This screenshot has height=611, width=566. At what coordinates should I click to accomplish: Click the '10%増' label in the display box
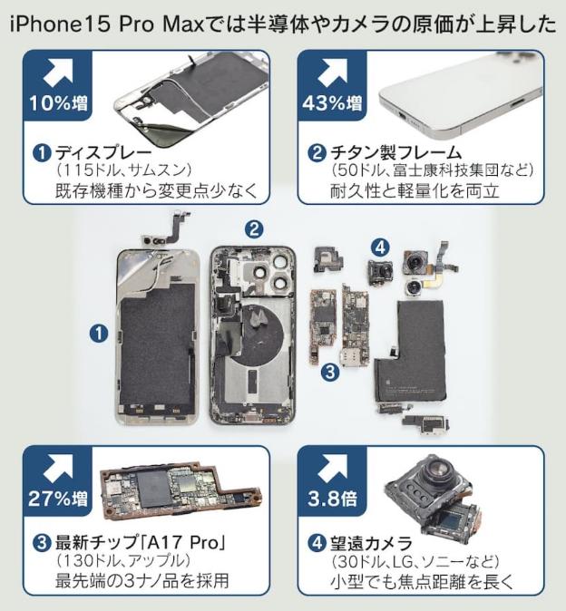pos(58,103)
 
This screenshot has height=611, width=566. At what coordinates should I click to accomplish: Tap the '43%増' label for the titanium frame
pos(332,103)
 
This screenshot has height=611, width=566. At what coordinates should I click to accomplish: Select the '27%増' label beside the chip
pos(58,499)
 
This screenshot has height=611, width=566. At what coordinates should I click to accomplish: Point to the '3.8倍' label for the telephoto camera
pos(332,499)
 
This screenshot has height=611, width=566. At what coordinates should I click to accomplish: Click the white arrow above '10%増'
pos(58,73)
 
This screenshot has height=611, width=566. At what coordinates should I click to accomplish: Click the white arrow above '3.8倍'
pos(333,467)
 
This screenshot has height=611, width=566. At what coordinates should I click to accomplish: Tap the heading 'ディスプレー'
pos(103,152)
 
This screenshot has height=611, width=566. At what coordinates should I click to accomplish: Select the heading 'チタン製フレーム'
pos(395,152)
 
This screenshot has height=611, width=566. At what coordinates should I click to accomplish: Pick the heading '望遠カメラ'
pos(371,543)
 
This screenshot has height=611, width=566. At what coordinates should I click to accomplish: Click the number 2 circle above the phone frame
pos(254,229)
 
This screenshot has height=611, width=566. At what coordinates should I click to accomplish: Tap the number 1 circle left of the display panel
pos(99,334)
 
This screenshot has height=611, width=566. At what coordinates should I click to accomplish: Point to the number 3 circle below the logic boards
pos(330,372)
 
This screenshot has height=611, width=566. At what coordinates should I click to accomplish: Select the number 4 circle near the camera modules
pos(380,247)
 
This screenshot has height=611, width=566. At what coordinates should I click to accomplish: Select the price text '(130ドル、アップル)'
pos(123,561)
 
